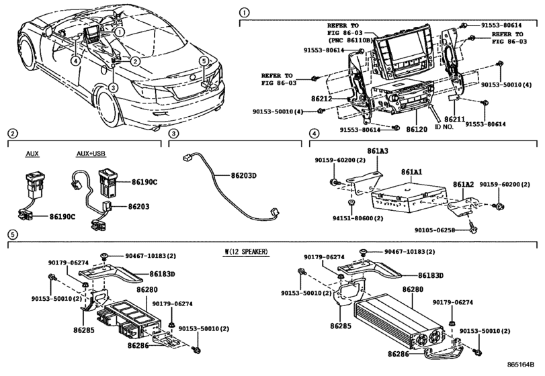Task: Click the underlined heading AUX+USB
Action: pos(88,153)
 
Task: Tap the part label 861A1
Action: pos(413,172)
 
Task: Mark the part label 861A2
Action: pos(463,184)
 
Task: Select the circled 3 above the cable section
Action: pos(173,134)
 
